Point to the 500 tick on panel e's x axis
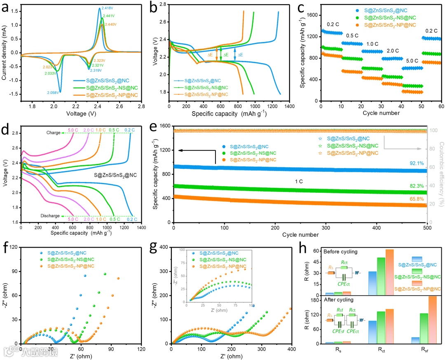click(427, 228)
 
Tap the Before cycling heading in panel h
click(341, 251)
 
